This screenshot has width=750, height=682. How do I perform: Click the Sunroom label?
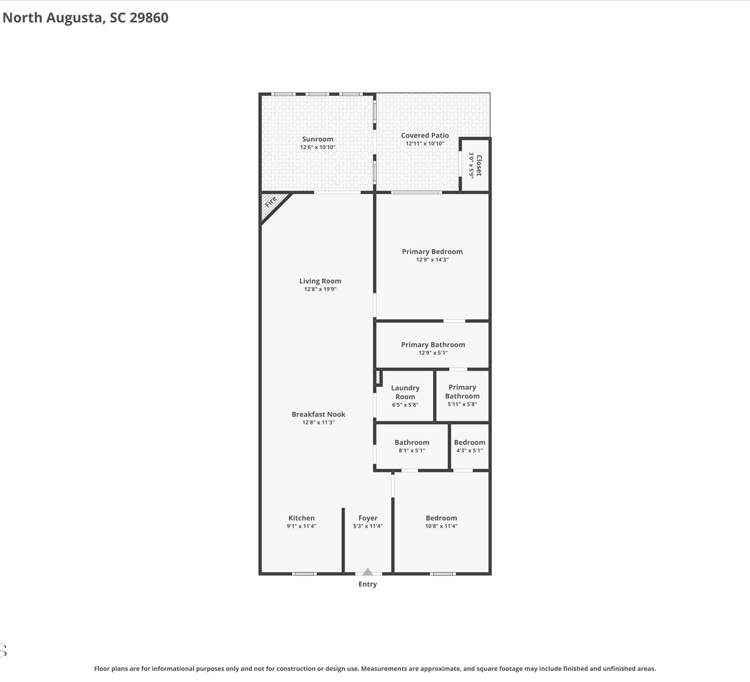pos(317,139)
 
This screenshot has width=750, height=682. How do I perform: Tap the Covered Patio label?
pos(424,135)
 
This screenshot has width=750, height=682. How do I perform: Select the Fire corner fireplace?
pos(273,206)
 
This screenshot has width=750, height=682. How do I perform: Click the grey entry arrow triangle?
pos(367,572)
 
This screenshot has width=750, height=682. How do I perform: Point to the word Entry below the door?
pos(367,584)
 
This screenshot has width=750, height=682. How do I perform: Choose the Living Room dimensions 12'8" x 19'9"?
pos(320,289)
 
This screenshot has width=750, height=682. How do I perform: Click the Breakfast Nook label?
pos(318,414)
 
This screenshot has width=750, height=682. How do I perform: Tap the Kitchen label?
pos(301,518)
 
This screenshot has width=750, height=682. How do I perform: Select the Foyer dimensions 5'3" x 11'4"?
pos(367,526)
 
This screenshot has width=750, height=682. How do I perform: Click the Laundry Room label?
pos(405,392)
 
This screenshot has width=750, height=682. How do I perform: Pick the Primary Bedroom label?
pos(432,251)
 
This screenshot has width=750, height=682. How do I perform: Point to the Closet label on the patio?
pos(479,165)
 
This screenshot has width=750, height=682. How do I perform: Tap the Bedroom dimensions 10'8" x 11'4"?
pos(441,526)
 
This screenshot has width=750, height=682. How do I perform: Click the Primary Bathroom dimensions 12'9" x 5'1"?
pos(433,353)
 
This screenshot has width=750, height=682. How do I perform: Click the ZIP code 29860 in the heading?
pos(149,17)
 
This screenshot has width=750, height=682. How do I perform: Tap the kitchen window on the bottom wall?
pos(304,574)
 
